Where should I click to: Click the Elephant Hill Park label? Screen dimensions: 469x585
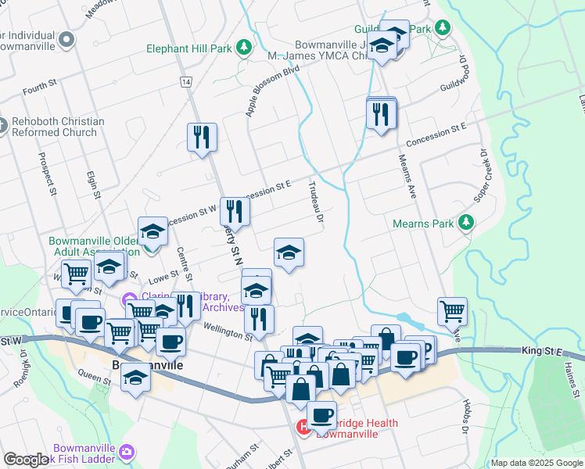[189, 48]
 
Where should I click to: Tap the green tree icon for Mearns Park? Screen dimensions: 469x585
[467, 223]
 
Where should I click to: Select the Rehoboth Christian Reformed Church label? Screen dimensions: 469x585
[58, 127]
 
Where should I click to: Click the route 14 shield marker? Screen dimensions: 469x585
[185, 82]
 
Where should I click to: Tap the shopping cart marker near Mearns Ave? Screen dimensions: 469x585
[452, 310]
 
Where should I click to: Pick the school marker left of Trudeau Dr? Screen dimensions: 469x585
[289, 252]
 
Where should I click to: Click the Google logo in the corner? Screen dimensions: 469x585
[26, 460]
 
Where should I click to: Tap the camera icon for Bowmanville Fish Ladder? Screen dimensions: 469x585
[127, 452]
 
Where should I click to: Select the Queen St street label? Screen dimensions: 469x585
[94, 379]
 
